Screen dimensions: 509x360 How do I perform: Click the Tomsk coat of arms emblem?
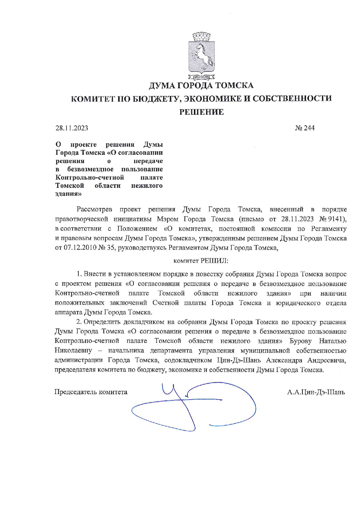click(x=201, y=57)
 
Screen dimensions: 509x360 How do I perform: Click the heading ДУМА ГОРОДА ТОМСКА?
click(x=201, y=86)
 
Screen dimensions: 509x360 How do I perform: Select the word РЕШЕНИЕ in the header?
click(x=201, y=112)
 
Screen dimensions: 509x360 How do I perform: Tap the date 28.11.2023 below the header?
click(x=72, y=128)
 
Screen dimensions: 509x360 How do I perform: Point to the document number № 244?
click(x=305, y=128)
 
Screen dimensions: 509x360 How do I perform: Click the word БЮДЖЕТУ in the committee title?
click(x=157, y=99)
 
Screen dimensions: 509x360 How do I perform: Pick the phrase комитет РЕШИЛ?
click(x=201, y=261)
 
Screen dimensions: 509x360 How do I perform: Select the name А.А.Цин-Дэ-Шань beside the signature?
click(x=316, y=392)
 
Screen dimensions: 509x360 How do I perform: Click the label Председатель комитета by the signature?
click(x=91, y=392)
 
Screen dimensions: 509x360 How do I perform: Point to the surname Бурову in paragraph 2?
click(x=300, y=341)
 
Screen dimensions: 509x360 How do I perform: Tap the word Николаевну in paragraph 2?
click(x=73, y=350)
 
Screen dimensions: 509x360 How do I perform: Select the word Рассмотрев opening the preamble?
click(x=94, y=209)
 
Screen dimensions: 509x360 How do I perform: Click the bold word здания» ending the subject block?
click(x=69, y=194)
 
